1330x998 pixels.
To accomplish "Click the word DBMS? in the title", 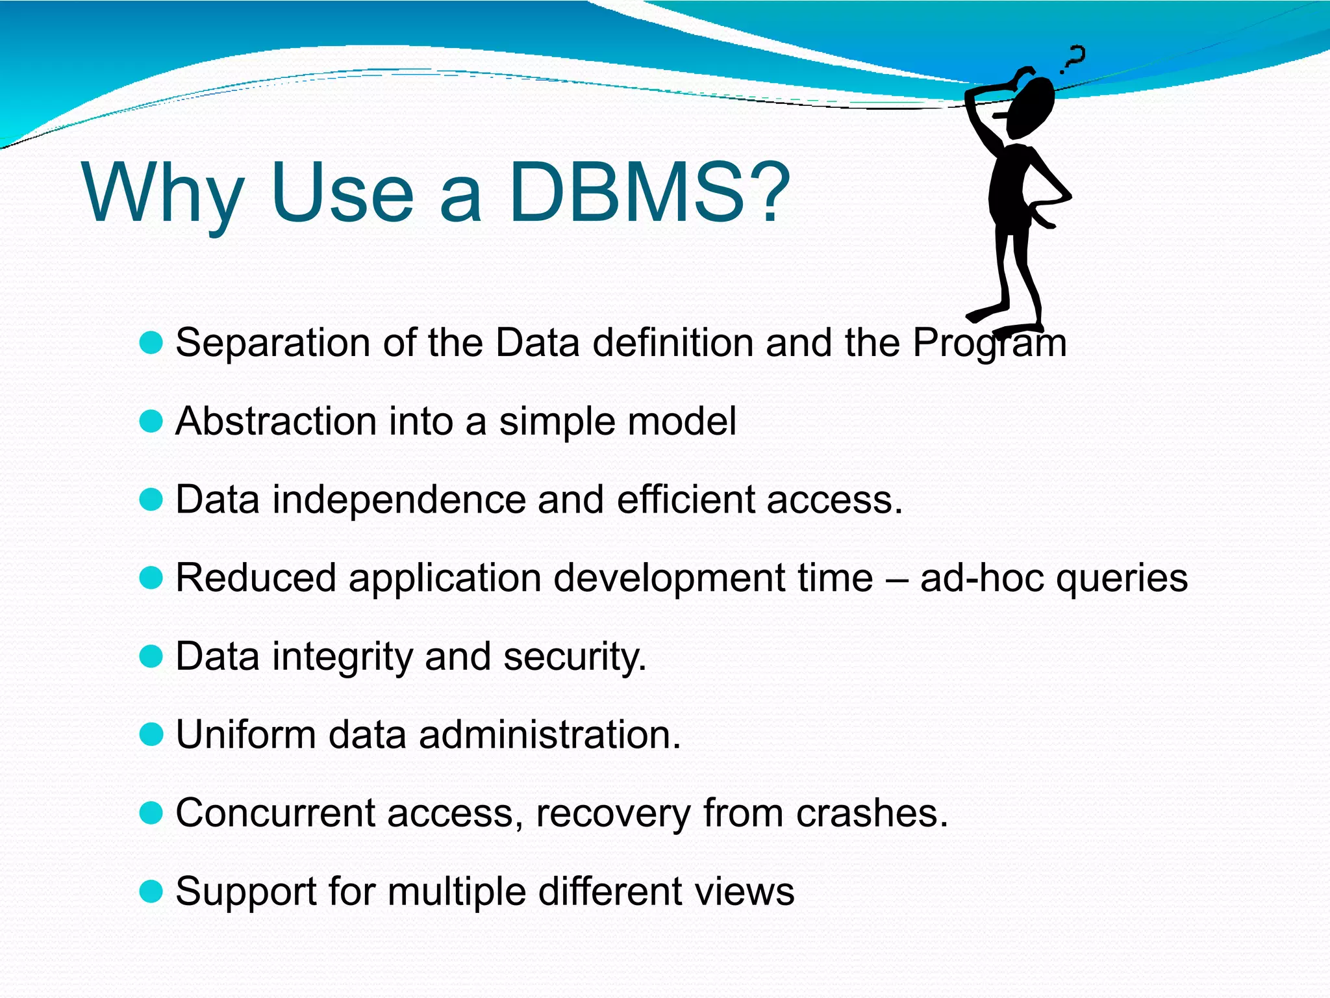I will coord(649,192).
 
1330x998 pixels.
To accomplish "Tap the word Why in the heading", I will coord(162,192).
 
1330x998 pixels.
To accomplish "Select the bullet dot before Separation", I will coord(151,342).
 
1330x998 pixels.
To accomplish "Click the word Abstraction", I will coord(276,421).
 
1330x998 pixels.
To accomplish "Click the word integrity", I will coord(342,656).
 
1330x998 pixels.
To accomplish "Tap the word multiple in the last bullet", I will coord(457,891).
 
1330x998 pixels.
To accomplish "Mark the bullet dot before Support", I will coord(151,891).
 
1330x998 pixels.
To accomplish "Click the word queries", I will coord(1122,578).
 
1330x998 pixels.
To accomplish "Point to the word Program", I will coord(989,342).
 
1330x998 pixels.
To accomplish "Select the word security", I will coord(575,656).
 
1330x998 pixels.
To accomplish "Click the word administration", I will coord(549,734).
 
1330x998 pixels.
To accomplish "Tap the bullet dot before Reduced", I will coord(151,578).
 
